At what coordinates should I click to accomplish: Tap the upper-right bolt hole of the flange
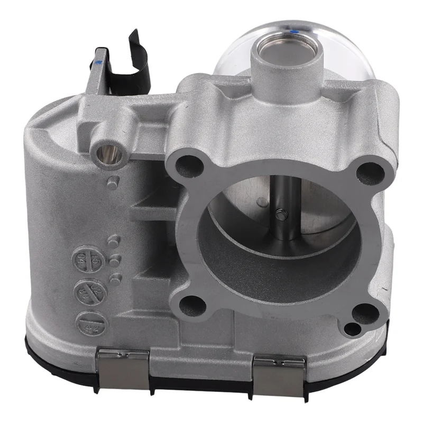(x=370, y=172)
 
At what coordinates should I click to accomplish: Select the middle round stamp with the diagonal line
(x=89, y=291)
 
